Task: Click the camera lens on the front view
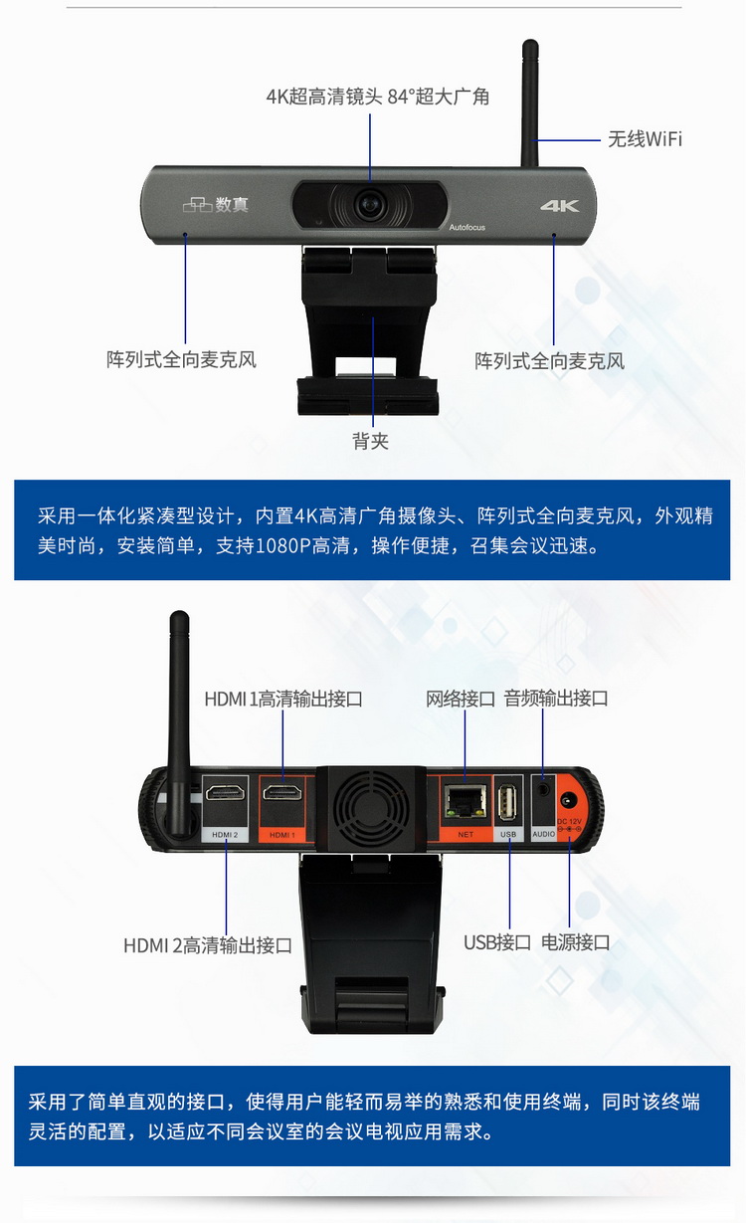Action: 371,205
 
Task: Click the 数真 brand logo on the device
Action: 216,205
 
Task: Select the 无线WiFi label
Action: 645,138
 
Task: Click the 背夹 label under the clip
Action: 370,441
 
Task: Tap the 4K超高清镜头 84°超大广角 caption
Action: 377,97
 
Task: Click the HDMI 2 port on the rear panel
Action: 225,793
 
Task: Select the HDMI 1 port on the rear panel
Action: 282,793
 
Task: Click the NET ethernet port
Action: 464,798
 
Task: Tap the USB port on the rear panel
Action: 508,799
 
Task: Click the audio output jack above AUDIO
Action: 543,787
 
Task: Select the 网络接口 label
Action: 461,699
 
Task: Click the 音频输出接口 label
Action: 556,699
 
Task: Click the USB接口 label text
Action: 497,942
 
